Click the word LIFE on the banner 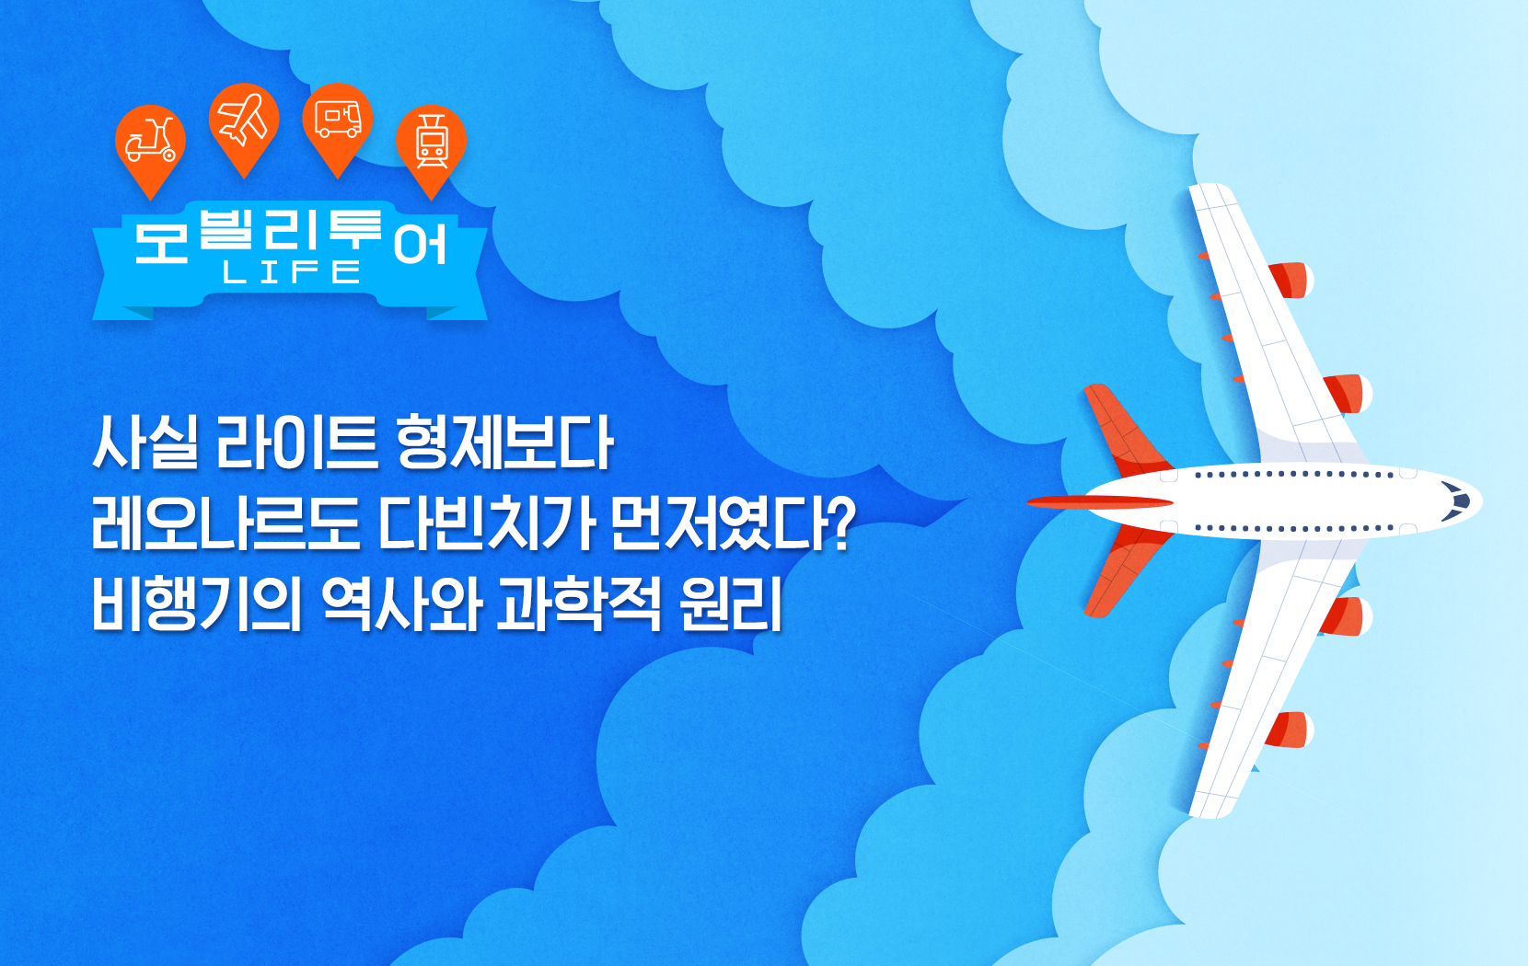[291, 272]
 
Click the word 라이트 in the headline [296, 443]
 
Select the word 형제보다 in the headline [504, 443]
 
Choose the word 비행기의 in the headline [196, 604]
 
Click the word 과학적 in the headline [578, 604]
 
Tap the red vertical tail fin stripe [1100, 502]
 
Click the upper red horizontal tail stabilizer [1126, 431]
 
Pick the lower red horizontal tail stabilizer [1126, 571]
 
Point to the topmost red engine [1290, 281]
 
